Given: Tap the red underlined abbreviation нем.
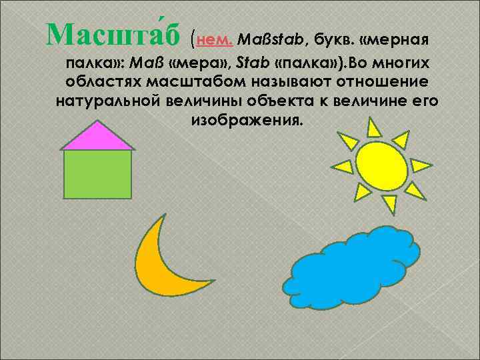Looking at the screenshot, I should [213, 39].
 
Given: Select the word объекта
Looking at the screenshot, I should [277, 101].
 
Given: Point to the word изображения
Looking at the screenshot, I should [246, 121].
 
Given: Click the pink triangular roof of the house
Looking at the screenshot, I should [97, 137].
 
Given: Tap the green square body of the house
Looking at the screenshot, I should [97, 174].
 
